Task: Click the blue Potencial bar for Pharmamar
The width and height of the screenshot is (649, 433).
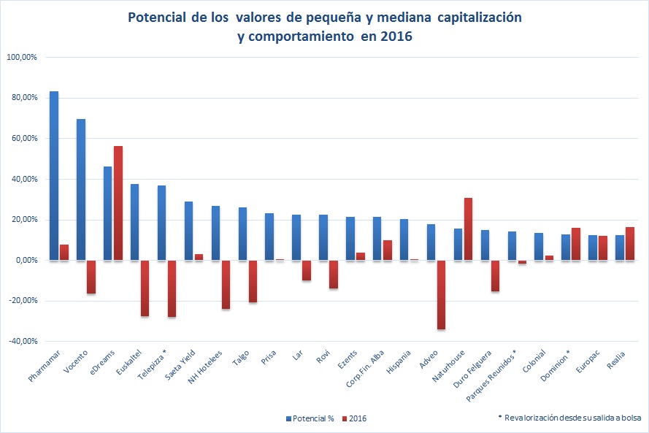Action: pyautogui.click(x=54, y=175)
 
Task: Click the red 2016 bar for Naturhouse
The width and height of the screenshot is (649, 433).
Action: pyautogui.click(x=469, y=229)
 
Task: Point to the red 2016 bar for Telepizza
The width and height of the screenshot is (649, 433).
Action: pyautogui.click(x=172, y=288)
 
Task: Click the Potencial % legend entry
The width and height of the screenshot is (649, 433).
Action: pyautogui.click(x=310, y=418)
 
